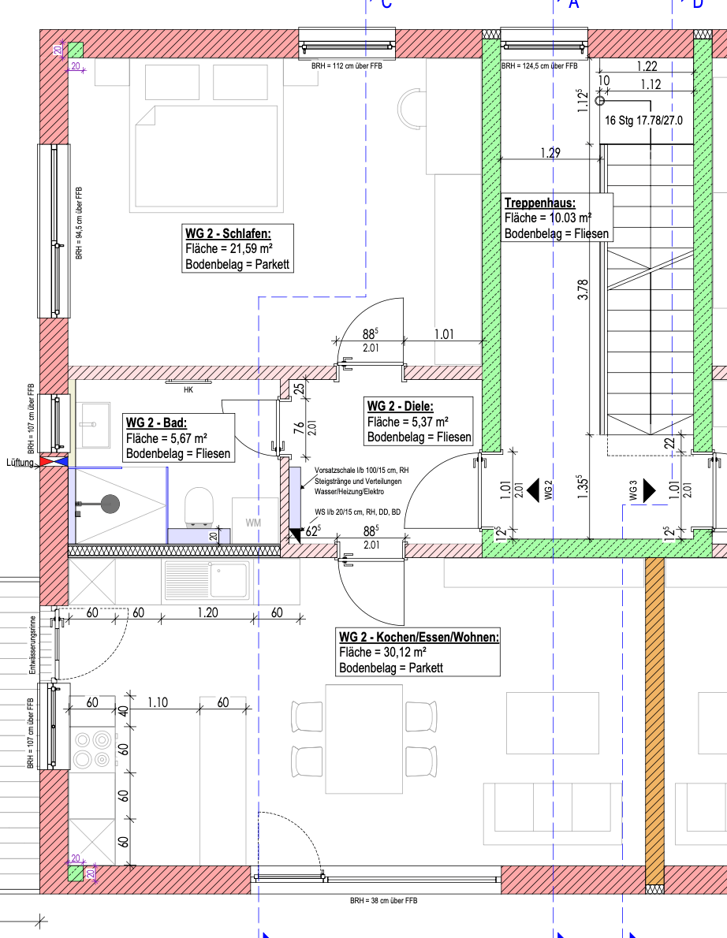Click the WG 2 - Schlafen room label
coord(228,233)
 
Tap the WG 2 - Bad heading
coord(156,422)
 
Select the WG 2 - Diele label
coord(401,406)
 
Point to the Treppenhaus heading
coord(539,203)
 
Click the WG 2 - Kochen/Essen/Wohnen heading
coord(419,637)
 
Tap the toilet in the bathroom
coord(199,508)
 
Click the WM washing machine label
coord(253,523)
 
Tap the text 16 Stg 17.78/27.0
coord(644,121)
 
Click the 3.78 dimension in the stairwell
coord(583,289)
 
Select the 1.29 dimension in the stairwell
coord(550,153)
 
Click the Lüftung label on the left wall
coord(21,463)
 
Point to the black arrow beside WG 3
coord(649,490)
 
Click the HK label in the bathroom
coord(188,390)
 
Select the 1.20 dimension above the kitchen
coord(207,612)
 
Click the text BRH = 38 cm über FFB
coord(383,900)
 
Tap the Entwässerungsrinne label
coord(33,645)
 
